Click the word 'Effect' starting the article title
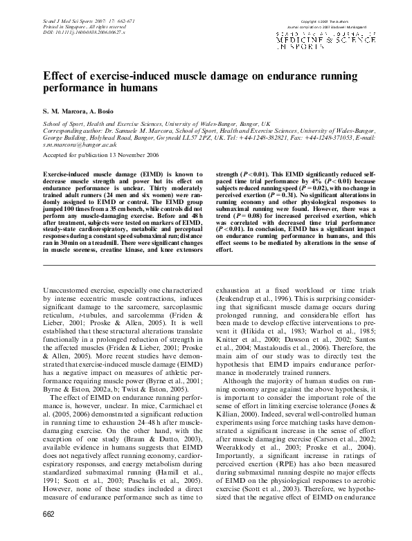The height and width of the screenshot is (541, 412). point(60,77)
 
